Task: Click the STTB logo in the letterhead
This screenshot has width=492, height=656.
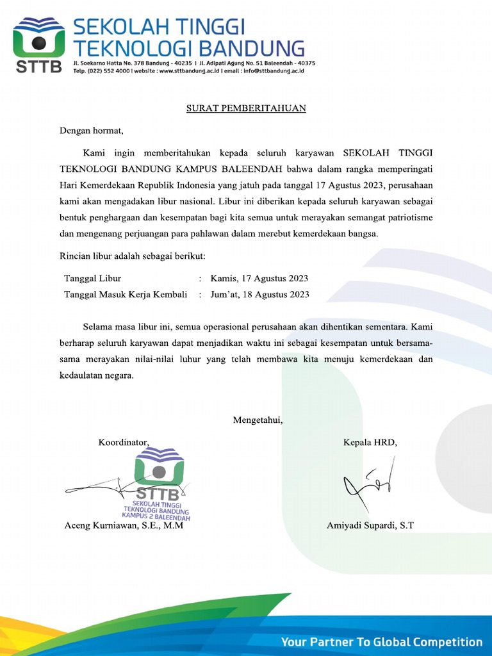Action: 38,45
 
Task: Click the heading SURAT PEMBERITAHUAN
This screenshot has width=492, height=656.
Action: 246,108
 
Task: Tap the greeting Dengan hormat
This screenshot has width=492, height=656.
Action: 92,131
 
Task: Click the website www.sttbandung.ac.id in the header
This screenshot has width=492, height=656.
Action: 190,71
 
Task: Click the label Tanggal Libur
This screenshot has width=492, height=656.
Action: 93,279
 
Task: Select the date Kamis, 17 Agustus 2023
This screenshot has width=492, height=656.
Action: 259,279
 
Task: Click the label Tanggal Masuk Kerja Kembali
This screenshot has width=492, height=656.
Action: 126,295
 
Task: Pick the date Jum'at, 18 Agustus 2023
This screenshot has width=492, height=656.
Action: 259,295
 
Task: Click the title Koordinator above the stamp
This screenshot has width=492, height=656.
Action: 124,443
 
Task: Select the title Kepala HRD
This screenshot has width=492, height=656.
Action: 370,443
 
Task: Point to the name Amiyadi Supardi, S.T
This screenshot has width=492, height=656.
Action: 370,526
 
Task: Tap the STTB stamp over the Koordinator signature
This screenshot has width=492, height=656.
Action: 158,484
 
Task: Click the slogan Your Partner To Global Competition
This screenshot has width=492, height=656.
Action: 382,642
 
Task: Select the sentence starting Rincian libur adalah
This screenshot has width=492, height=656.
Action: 133,257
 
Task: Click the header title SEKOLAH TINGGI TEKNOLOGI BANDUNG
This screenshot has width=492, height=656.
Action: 189,37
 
